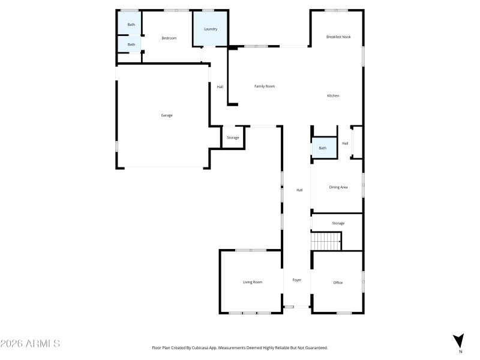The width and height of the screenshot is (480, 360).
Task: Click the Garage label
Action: click(x=167, y=115)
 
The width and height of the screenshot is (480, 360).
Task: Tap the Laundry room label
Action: click(x=210, y=29)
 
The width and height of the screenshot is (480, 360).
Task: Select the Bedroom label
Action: click(x=169, y=38)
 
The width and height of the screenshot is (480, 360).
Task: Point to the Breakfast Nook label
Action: click(x=338, y=37)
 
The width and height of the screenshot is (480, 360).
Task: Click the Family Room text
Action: click(x=265, y=86)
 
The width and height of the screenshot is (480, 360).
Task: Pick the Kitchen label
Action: click(x=333, y=96)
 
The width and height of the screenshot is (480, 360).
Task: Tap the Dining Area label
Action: click(x=338, y=187)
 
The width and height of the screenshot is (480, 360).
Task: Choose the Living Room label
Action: click(x=253, y=282)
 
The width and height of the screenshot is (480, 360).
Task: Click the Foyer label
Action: click(x=296, y=280)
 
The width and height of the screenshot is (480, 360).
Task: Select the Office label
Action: click(x=338, y=283)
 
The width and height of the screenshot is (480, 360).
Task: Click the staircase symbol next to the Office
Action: click(x=326, y=242)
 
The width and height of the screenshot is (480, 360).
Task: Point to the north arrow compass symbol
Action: click(x=459, y=340)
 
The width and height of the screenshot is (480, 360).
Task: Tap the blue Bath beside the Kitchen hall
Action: click(x=323, y=148)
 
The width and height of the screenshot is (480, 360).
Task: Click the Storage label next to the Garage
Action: click(x=233, y=138)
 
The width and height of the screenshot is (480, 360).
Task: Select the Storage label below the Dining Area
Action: click(x=338, y=223)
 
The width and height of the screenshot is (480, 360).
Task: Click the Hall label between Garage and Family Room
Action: click(x=220, y=88)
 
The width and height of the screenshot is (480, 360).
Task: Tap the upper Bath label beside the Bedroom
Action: click(x=131, y=25)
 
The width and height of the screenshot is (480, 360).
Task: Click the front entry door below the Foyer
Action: click(x=290, y=307)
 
